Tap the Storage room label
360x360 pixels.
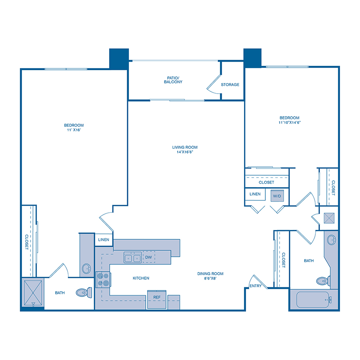click(230, 85)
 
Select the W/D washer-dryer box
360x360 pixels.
click(276, 196)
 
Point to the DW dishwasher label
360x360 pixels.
click(148, 258)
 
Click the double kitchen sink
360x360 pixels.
click(132, 258)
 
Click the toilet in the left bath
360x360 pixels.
click(83, 292)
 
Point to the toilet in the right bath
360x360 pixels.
click(322, 280)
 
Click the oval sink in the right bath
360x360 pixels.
click(332, 240)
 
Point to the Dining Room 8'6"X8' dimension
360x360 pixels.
click(210, 279)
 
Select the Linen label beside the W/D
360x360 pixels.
click(255, 194)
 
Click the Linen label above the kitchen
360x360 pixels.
click(104, 240)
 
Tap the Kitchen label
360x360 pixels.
click(141, 278)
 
